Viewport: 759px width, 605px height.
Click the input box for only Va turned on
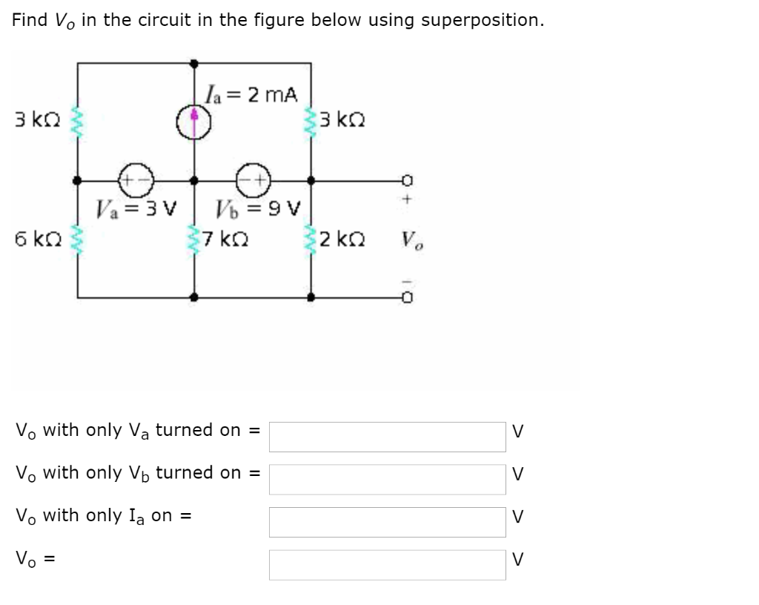tap(387, 437)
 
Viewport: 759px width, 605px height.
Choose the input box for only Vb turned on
tap(387, 479)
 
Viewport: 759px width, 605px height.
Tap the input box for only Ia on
tap(387, 522)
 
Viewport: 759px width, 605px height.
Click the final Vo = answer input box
tap(387, 565)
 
